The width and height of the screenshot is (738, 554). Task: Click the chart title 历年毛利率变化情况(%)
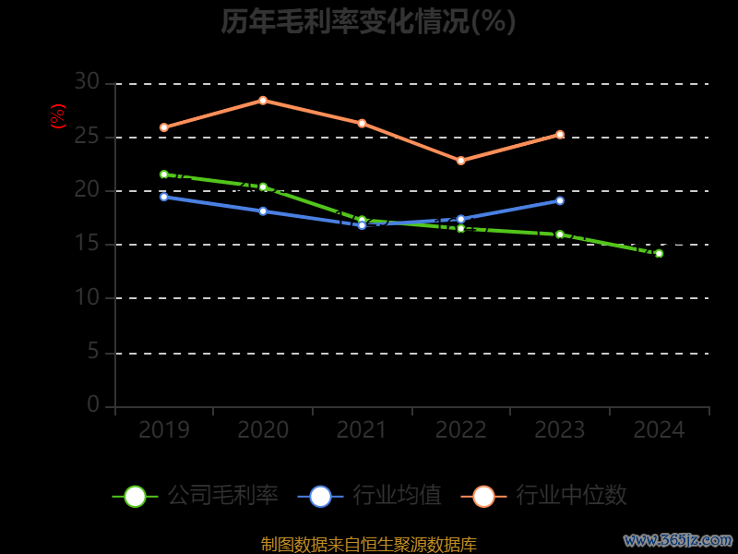368,21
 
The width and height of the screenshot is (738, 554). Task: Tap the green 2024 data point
659,253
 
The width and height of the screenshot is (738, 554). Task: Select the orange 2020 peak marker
263,100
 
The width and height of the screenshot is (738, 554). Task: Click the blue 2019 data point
164,197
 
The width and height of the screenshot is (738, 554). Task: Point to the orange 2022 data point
461,161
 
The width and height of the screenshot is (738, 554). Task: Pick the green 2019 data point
164,175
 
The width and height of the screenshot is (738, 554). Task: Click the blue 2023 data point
560,200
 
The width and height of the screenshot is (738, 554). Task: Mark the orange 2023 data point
560,135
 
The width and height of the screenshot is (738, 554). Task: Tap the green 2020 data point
263,187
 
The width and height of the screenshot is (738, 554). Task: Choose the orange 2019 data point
164,127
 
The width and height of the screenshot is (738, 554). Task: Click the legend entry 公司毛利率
196,496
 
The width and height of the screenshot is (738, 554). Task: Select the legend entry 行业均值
370,496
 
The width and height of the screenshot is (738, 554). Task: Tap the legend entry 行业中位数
550,496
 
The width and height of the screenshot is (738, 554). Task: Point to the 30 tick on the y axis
87,82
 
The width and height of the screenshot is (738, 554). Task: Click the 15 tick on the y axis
87,244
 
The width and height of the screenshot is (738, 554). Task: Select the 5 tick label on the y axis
92,352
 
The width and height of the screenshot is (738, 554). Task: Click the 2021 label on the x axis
362,430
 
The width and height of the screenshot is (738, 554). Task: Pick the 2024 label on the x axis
660,430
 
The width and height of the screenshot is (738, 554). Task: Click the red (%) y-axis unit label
58,116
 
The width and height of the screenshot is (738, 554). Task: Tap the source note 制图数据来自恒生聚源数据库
369,545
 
